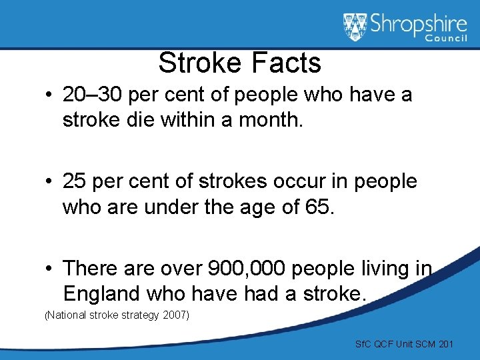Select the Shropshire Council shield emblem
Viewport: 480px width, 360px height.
tap(355, 27)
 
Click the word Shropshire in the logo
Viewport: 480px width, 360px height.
tap(418, 25)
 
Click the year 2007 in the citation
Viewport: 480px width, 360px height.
tap(175, 315)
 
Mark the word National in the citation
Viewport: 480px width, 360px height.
tap(66, 315)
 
